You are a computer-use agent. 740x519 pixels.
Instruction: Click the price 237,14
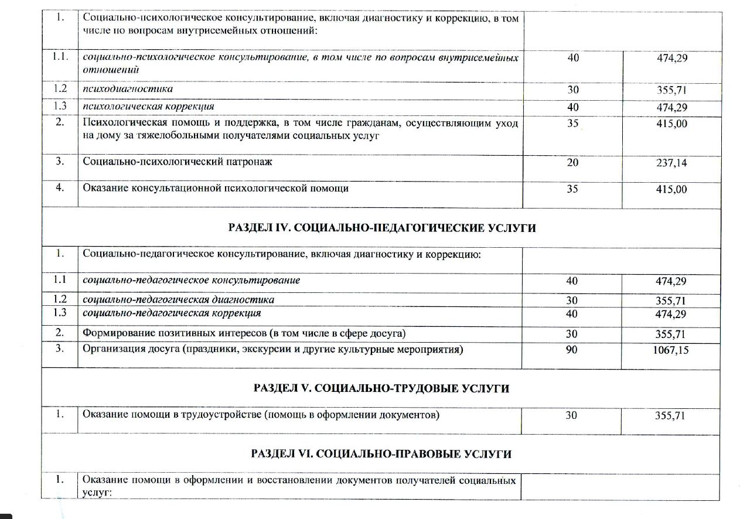pos(671,163)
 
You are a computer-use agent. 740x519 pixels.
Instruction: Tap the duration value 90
pos(572,350)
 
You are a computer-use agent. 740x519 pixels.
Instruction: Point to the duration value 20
pos(572,163)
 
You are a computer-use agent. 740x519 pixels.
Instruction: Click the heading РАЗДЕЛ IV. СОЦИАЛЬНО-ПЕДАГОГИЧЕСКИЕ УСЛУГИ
pos(381,228)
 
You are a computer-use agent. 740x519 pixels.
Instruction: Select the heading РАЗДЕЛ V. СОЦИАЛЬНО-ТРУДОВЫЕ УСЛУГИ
pos(381,388)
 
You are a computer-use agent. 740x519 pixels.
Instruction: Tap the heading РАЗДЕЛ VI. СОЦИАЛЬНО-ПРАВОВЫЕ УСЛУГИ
pos(381,454)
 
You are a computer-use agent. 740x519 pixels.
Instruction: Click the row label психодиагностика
pos(128,89)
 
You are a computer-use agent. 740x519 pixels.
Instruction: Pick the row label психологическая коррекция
pos(148,107)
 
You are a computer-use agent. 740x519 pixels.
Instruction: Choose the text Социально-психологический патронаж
pos(178,162)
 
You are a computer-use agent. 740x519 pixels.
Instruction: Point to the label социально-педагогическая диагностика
pos(179,300)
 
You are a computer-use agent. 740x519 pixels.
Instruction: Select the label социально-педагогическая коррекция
pos(172,313)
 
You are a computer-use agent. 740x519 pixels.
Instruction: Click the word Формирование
pos(115,334)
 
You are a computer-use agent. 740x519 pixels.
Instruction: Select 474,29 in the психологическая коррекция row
pos(671,107)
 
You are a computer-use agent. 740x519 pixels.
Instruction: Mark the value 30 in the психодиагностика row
pos(572,90)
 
